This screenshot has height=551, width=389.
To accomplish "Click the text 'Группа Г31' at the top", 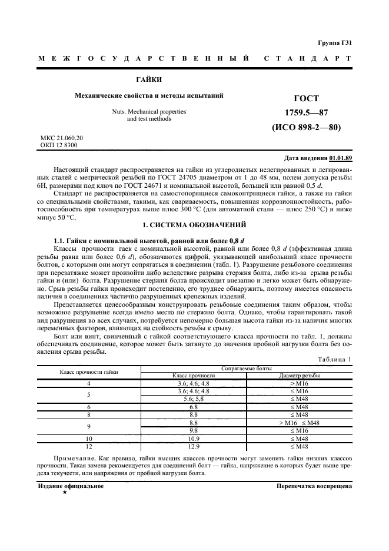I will [x=335, y=43].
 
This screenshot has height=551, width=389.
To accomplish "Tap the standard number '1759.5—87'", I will [x=307, y=112].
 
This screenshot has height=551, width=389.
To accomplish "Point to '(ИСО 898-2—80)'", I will [x=306, y=127].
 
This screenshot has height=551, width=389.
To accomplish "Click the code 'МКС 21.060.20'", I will [x=62, y=138].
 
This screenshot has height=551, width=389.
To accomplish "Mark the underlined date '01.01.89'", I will [x=341, y=158].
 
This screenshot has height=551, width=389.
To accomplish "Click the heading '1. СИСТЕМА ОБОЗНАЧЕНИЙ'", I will [x=194, y=226].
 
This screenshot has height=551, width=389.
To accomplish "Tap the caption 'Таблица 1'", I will [x=335, y=359].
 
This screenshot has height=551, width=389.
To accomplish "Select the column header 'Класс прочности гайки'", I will [x=88, y=371].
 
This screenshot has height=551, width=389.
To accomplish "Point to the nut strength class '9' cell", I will [x=88, y=426].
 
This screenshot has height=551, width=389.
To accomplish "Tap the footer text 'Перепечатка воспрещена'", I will [x=314, y=486].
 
